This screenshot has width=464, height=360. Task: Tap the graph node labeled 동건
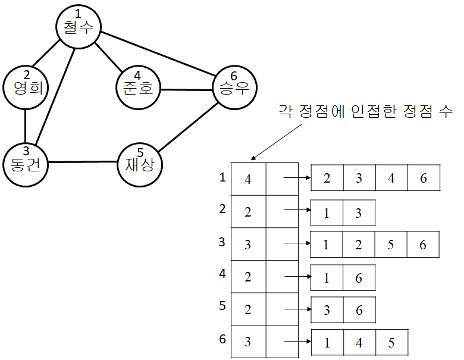(25, 161)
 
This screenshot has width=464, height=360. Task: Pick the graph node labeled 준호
(137, 89)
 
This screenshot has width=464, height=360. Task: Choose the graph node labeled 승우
(234, 89)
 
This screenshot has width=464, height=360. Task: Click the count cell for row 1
(247, 179)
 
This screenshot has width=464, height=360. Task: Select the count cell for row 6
(247, 342)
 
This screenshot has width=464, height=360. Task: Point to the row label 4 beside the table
(222, 274)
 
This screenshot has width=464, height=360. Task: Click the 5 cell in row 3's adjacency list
(391, 244)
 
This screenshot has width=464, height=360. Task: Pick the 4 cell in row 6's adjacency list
(359, 342)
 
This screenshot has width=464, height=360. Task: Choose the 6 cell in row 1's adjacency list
(424, 179)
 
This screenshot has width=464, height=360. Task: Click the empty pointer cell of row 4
(281, 276)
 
